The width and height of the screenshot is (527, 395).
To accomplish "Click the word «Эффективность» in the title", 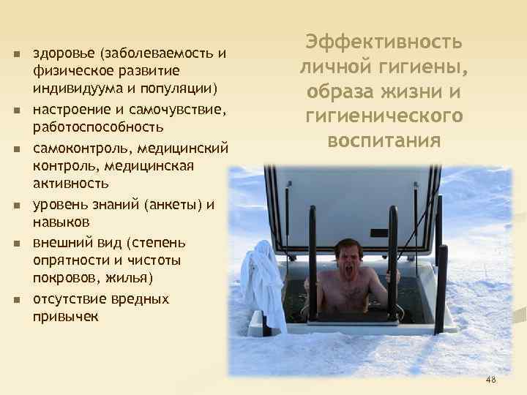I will point(384,41).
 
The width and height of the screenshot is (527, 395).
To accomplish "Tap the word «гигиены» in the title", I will point(422,67).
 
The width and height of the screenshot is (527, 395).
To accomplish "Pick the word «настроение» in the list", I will point(70,110).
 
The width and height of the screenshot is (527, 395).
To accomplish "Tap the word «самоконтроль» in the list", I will point(80,148).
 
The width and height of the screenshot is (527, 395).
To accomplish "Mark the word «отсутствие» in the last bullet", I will point(70,299).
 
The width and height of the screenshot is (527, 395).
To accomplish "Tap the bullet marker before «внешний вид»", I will point(15,243).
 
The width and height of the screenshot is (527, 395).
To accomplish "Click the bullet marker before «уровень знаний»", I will point(15,205).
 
